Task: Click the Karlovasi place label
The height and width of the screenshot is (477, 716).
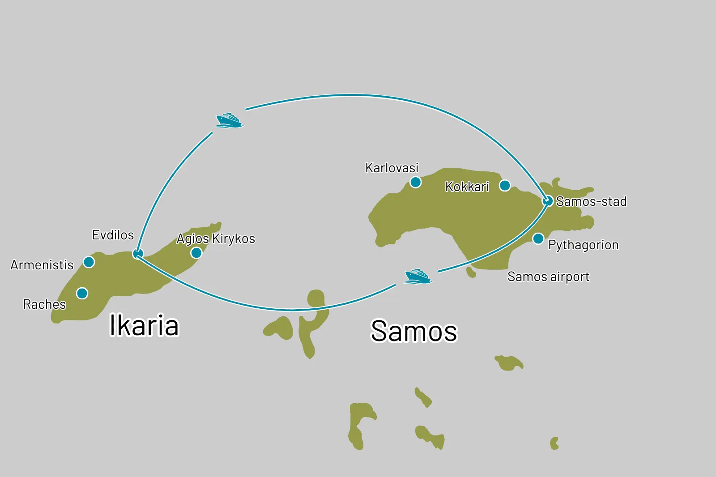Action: (x=392, y=168)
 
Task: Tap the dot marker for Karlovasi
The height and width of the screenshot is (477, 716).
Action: (x=415, y=182)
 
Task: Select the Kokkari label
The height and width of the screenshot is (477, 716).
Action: (x=467, y=187)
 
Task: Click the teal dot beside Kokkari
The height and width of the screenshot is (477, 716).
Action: (x=505, y=185)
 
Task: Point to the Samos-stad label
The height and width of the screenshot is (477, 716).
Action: (x=591, y=202)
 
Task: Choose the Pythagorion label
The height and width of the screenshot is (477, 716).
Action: (x=583, y=245)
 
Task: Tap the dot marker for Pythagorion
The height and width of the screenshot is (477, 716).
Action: (x=538, y=238)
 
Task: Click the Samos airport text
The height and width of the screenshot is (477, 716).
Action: (x=548, y=277)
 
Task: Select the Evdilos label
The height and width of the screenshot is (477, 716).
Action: (x=113, y=235)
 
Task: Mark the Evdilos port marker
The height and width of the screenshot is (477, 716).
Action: (x=138, y=254)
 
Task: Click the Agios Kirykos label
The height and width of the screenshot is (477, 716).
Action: (x=216, y=238)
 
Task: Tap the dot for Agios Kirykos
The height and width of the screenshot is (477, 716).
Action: (x=196, y=253)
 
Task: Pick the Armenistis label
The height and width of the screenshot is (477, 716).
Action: (x=42, y=265)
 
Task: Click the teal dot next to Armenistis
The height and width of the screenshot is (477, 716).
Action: (x=89, y=262)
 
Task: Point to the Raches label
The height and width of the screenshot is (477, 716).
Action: (x=44, y=304)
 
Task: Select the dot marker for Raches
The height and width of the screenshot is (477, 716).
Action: (x=82, y=293)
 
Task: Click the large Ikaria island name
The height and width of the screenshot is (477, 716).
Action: (x=144, y=325)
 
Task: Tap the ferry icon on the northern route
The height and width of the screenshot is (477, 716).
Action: (x=229, y=120)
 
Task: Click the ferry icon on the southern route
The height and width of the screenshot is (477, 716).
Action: (x=418, y=276)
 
